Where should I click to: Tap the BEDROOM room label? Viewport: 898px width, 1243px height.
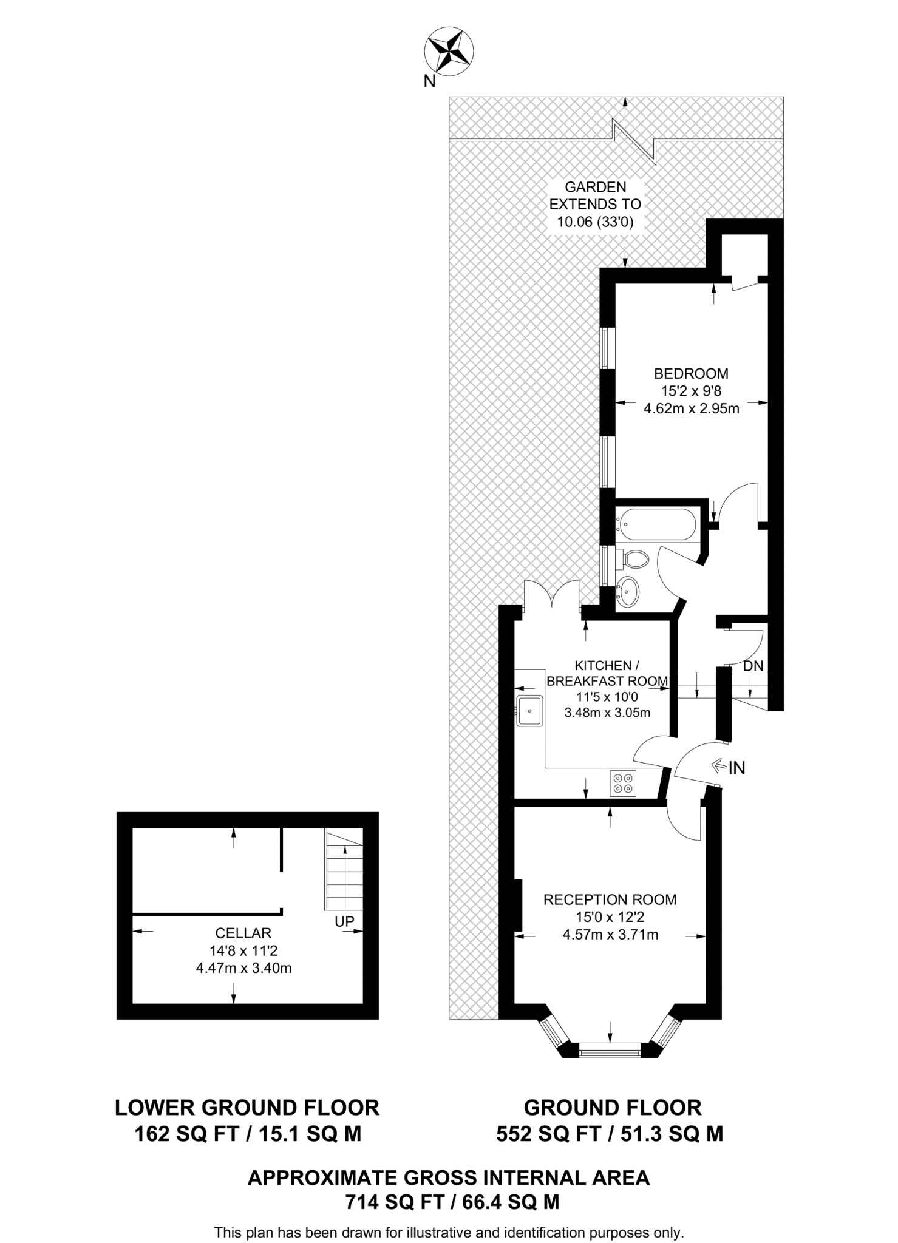coord(691,373)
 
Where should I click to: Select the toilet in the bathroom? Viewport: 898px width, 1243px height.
coord(634,558)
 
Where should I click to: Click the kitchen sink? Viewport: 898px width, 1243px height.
coord(529,711)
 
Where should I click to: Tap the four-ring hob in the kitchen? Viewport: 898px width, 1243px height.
coord(622,783)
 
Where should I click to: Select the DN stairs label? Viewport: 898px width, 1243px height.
coord(753,666)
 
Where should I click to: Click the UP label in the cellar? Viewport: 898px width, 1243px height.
coord(344,921)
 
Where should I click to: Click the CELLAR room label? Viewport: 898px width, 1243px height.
coord(243,933)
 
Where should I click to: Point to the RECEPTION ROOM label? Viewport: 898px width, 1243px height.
coord(610,899)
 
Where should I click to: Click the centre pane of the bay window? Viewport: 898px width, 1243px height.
coord(610,1051)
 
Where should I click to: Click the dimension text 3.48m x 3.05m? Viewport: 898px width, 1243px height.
coord(607,713)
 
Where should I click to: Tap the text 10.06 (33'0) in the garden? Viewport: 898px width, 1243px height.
coord(595,222)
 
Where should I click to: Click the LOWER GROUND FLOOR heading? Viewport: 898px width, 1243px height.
coord(247,1108)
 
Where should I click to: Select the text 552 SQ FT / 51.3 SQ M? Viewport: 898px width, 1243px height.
coord(610,1134)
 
